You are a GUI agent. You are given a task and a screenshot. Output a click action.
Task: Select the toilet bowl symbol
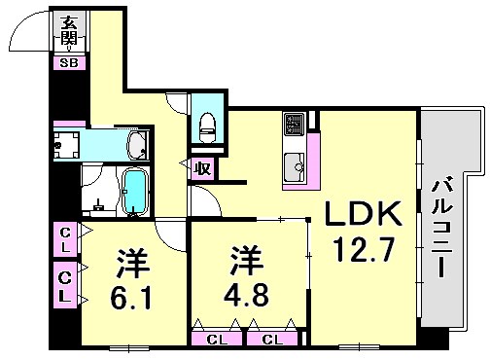(205, 124)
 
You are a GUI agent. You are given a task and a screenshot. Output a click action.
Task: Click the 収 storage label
(202, 168)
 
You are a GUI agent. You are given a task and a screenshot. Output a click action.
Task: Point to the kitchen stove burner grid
(294, 126)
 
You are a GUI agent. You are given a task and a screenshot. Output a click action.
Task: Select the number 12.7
(362, 251)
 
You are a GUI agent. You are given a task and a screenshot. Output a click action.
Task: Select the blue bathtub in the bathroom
(134, 191)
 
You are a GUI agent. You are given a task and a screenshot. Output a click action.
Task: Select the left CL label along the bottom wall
(218, 340)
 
